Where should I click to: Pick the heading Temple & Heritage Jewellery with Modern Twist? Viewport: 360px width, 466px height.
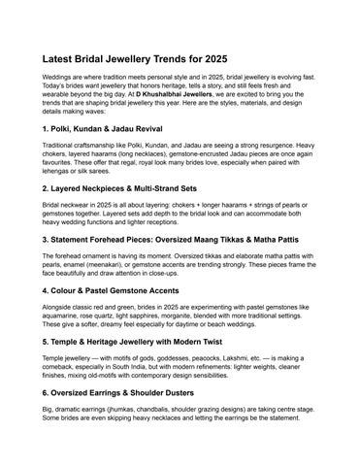tap(152, 342)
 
